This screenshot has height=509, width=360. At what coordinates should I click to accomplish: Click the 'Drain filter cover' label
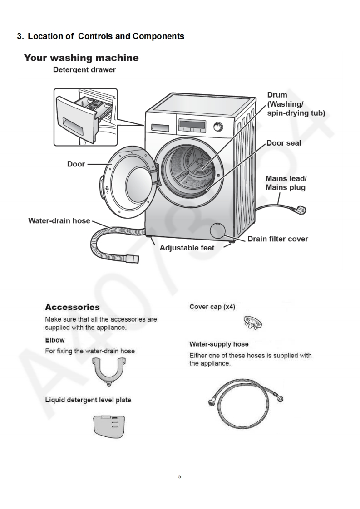277,239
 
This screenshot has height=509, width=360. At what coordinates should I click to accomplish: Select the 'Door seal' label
283,143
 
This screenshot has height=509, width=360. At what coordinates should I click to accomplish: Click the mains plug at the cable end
301,210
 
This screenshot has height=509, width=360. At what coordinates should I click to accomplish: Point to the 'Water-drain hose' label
59,221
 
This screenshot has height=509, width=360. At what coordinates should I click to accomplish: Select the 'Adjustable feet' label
187,248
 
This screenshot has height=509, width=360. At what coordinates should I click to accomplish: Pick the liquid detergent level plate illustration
109,426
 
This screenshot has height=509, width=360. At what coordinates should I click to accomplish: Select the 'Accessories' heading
72,307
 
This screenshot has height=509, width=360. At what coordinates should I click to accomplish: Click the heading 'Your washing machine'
81,58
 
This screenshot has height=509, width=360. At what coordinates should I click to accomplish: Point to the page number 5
180,476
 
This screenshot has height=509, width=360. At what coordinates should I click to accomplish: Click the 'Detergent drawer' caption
84,70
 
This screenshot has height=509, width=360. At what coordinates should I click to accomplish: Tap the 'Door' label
76,164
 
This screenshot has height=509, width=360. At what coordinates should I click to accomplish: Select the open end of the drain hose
133,259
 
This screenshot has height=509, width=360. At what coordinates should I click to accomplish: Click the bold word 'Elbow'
54,340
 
